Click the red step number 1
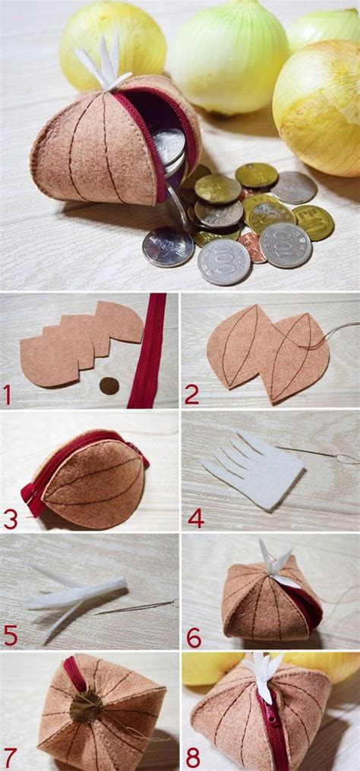[8, 395]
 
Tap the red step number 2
[192, 394]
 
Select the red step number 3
[10, 519]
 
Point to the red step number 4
[195, 519]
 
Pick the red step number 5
[10, 635]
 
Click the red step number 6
[194, 637]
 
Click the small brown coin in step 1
[109, 386]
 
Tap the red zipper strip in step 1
[145, 349]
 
